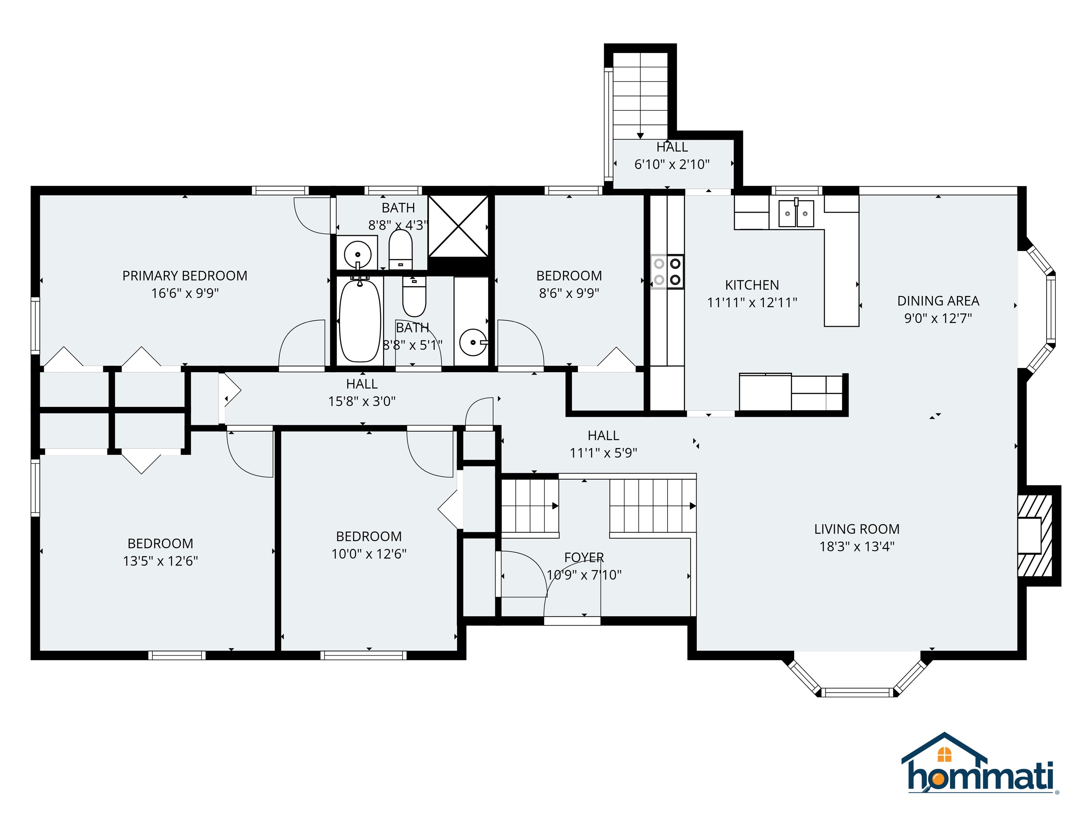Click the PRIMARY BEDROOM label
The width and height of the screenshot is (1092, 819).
[x=184, y=276]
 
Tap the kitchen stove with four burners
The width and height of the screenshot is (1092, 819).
[x=667, y=272]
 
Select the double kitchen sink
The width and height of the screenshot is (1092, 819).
[x=796, y=214]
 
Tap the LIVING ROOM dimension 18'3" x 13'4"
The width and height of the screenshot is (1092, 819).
[x=857, y=546]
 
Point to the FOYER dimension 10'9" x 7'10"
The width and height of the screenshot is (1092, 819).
[x=584, y=575]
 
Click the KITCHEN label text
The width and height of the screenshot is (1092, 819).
[x=751, y=285]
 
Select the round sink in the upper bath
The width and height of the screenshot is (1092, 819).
[x=357, y=254]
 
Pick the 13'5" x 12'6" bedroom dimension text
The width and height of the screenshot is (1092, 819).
[x=160, y=561]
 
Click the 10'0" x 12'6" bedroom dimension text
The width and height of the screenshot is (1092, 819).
[x=369, y=554]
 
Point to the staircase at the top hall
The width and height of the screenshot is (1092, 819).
[x=640, y=94]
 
